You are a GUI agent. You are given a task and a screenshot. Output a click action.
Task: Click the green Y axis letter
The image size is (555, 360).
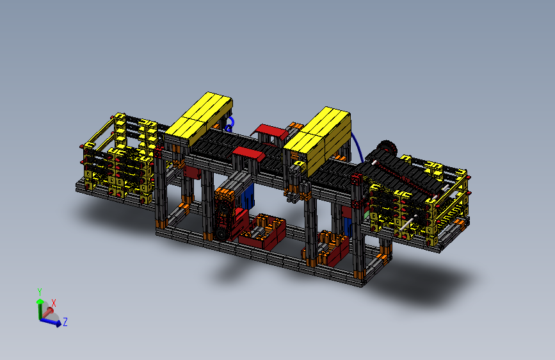click(x=40, y=291)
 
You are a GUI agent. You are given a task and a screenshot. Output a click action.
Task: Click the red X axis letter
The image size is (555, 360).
click(x=54, y=302)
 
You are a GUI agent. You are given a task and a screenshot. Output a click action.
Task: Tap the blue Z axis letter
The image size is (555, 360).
click(x=65, y=322)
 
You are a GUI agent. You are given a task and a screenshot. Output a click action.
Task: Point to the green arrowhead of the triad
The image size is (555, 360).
click(x=40, y=300)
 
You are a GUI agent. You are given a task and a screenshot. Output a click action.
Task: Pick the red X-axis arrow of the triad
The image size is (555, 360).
click(x=48, y=310)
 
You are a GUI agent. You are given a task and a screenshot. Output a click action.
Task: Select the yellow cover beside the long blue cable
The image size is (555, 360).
click(x=320, y=135)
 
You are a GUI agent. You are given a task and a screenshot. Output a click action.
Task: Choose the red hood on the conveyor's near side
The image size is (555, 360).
click(x=248, y=154)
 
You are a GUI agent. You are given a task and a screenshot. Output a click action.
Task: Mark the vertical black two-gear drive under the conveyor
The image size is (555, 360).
click(x=225, y=215)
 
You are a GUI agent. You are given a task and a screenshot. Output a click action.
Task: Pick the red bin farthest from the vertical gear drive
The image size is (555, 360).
click(x=333, y=249)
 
